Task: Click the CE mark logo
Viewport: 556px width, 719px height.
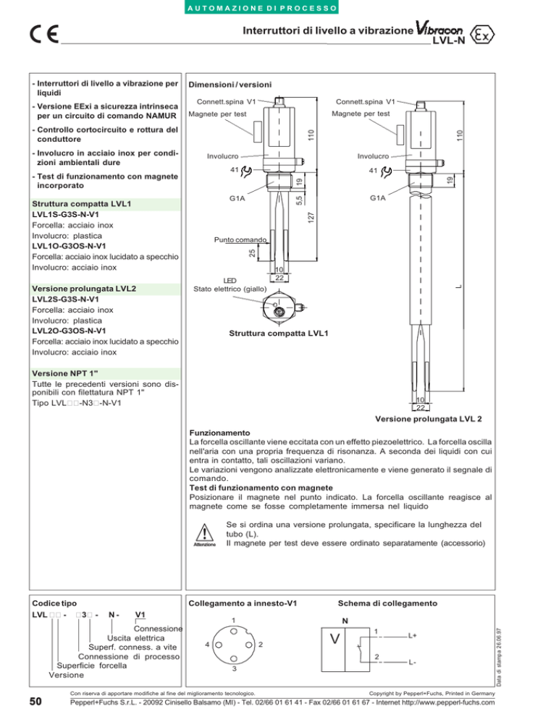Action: point(46,35)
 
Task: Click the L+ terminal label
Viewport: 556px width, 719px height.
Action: point(412,635)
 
